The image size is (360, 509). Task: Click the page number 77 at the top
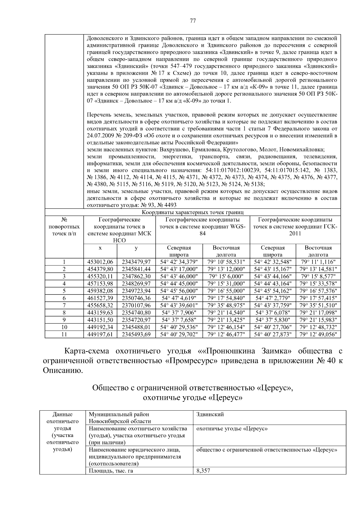click(193, 21)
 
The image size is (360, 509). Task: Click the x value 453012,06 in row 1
click(100, 262)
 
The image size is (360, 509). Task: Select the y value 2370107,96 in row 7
click(136, 305)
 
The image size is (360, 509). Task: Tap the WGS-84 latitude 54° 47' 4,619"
click(179, 298)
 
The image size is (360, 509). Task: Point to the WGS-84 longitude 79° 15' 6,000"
click(226, 276)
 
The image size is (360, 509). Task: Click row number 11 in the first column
click(64, 334)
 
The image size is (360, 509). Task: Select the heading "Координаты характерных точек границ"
click(193, 212)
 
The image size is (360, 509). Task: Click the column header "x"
click(100, 248)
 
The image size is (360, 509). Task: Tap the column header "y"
click(136, 248)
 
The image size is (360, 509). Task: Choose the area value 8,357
click(203, 471)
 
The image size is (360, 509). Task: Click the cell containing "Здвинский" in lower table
click(210, 415)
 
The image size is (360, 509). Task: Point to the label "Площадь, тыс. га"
click(111, 471)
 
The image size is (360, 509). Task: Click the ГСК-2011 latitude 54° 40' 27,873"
click(273, 334)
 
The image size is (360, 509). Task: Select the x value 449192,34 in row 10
click(100, 327)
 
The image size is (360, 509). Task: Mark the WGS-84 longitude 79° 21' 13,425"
click(226, 320)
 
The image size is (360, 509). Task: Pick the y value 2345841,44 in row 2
click(136, 269)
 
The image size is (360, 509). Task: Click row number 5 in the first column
click(64, 291)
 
